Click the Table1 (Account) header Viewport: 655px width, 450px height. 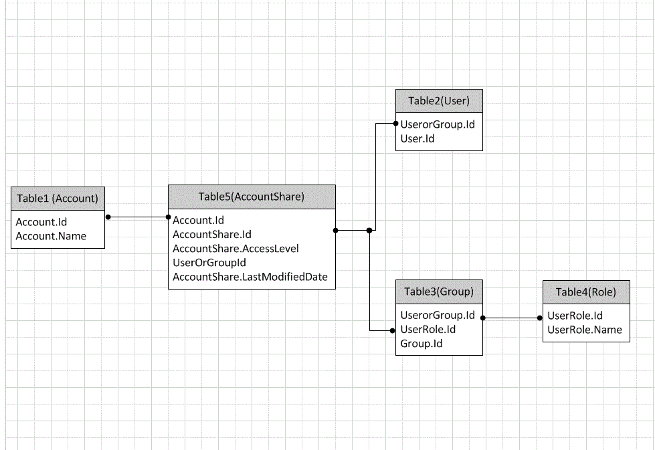tap(58, 198)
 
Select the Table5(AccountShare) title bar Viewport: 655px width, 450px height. tap(251, 197)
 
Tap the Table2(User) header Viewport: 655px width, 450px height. tap(439, 101)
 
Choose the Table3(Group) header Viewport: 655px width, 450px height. tap(439, 292)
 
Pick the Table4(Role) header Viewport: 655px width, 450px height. tap(585, 292)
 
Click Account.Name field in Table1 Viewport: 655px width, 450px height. tap(51, 235)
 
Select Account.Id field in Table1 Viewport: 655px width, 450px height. tap(41, 221)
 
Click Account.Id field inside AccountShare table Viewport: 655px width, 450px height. tap(198, 220)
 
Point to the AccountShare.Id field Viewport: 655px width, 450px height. tap(211, 234)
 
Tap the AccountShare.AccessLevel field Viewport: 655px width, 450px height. tap(236, 248)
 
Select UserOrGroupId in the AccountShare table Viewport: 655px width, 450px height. tap(209, 262)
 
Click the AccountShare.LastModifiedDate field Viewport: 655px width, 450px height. tap(250, 277)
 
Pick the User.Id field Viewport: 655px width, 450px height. tap(417, 138)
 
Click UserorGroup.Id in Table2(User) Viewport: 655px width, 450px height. tap(437, 124)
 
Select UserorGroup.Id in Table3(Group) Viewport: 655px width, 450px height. tap(437, 315)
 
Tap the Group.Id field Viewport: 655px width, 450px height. tap(421, 344)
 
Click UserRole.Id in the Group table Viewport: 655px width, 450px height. tap(428, 329)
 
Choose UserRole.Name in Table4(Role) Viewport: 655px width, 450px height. tap(584, 329)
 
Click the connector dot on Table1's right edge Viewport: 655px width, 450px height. tap(107, 217)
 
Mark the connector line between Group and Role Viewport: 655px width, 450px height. tap(512, 318)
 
